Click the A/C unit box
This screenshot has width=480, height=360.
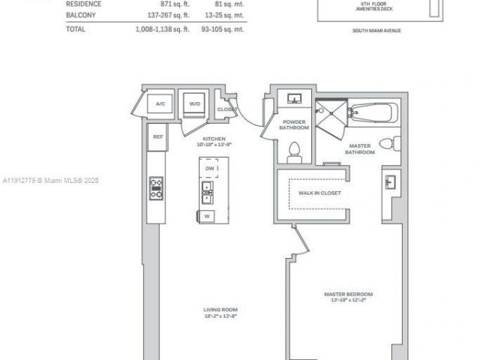point(160,103)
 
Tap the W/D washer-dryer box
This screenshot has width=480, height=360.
point(194,104)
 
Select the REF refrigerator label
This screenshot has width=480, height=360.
point(157,137)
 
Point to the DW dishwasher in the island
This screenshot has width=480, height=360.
point(208,169)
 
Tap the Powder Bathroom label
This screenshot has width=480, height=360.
point(294,124)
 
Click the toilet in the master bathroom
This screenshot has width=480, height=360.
point(388,143)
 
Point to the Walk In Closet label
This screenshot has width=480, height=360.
point(319,193)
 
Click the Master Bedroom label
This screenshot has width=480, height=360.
point(348,296)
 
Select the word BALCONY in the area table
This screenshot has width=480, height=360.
point(81,15)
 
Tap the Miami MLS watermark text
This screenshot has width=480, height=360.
point(51,181)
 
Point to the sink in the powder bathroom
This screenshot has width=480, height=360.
point(294,99)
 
